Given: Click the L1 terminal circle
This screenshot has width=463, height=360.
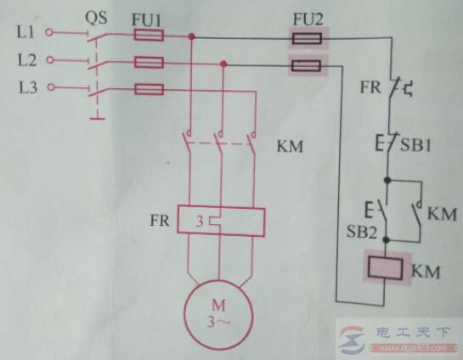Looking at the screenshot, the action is (49, 32).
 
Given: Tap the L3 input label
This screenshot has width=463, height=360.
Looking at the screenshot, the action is (28, 87).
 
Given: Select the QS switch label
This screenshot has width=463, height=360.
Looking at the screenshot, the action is (96, 18).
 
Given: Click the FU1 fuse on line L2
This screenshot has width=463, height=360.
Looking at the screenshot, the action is (149, 63).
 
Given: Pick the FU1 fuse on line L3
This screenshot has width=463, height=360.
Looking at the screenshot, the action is (149, 89).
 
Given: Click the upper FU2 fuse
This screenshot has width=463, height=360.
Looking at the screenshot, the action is (307, 38).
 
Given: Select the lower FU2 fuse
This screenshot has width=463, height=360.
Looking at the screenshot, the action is (306, 65).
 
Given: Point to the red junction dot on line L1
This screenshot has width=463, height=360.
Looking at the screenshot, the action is (192, 37).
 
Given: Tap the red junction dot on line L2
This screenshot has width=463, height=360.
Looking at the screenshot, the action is (223, 64).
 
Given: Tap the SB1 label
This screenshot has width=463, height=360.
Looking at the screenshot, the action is (415, 145).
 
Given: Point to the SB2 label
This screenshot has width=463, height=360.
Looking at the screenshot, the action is (362, 231).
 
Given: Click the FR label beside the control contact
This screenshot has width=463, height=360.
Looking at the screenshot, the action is (370, 87).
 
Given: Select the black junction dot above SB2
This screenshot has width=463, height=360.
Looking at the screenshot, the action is (387, 180).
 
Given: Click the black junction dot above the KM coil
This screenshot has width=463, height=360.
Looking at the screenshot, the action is (387, 240).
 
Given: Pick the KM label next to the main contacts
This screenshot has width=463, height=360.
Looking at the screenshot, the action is (290, 146).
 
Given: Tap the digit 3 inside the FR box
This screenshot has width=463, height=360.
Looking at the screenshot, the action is (200, 221).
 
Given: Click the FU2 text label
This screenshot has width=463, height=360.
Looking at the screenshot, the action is (308, 20).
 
